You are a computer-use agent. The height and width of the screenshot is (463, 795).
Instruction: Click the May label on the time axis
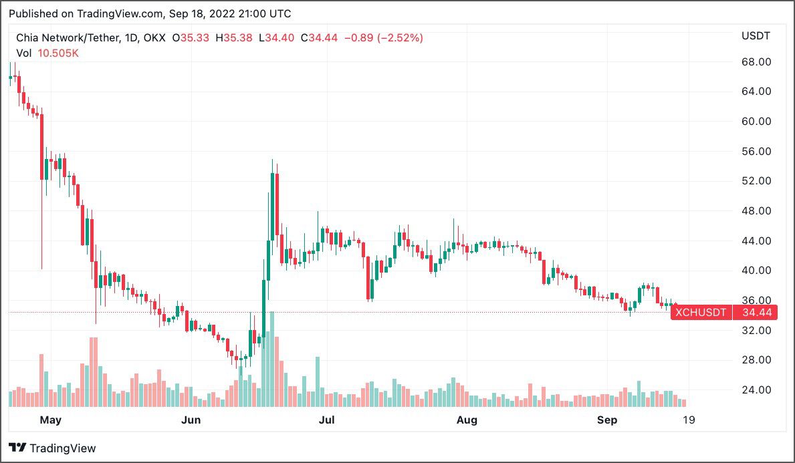pyautogui.click(x=50, y=420)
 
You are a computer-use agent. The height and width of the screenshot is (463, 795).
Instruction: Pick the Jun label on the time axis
pyautogui.click(x=191, y=420)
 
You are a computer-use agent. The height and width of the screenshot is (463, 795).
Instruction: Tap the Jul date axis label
pyautogui.click(x=327, y=420)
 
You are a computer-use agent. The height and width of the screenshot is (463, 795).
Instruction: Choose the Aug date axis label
pyautogui.click(x=467, y=420)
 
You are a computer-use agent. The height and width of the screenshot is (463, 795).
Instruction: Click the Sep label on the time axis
pyautogui.click(x=606, y=420)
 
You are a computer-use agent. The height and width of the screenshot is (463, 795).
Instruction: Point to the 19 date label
pyautogui.click(x=687, y=420)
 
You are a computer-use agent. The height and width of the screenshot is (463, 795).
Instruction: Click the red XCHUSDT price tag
pyautogui.click(x=701, y=312)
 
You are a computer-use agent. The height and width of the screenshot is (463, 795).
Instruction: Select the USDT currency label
pyautogui.click(x=756, y=35)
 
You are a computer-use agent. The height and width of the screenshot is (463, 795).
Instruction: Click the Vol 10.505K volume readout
pyautogui.click(x=47, y=53)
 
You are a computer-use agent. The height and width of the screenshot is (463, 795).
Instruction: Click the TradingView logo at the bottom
pyautogui.click(x=52, y=448)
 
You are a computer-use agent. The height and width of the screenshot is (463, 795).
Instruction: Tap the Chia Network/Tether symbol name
pyautogui.click(x=66, y=38)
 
